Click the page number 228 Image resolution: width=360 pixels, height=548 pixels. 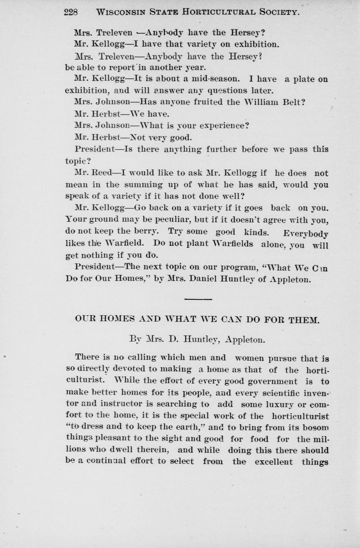[70, 12]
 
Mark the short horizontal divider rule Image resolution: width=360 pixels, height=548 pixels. [198, 299]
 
